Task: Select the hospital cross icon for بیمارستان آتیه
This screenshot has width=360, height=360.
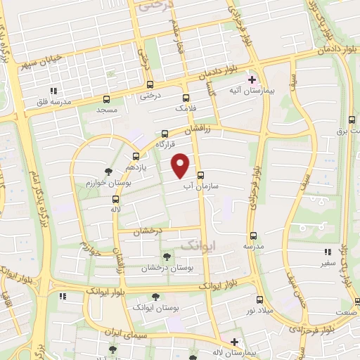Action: (x=251, y=80)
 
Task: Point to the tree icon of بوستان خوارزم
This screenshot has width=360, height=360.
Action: (x=108, y=171)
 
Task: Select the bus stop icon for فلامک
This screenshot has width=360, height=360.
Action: (x=186, y=98)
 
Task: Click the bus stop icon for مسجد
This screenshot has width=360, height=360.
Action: (x=107, y=99)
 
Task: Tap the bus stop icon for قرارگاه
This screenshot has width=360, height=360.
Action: (x=165, y=132)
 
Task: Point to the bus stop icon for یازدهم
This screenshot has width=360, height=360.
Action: (x=136, y=157)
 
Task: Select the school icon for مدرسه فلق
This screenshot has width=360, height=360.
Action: (x=53, y=91)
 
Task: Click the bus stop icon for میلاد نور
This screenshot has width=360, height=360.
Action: (x=259, y=299)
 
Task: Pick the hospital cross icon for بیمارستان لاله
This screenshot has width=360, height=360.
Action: (x=234, y=342)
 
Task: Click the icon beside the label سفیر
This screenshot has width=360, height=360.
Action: (x=326, y=252)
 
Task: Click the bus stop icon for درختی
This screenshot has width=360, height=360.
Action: (x=147, y=86)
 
